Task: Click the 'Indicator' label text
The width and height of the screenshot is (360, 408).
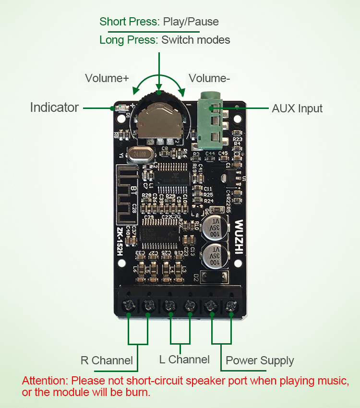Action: point(54,108)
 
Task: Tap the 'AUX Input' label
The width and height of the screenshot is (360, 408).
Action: point(297,108)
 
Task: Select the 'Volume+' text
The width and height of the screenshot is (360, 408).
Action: point(107,78)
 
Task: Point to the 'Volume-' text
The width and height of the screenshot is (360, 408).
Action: point(209,78)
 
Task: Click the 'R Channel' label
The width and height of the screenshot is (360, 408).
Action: point(107,360)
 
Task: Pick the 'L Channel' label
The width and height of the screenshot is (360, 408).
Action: point(184,360)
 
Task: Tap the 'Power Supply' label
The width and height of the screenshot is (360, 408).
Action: point(260,361)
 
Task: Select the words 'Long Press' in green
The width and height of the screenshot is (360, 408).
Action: point(128,40)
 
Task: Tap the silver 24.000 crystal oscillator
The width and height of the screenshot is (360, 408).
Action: point(140,155)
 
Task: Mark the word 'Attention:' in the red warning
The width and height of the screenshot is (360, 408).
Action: point(45,381)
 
